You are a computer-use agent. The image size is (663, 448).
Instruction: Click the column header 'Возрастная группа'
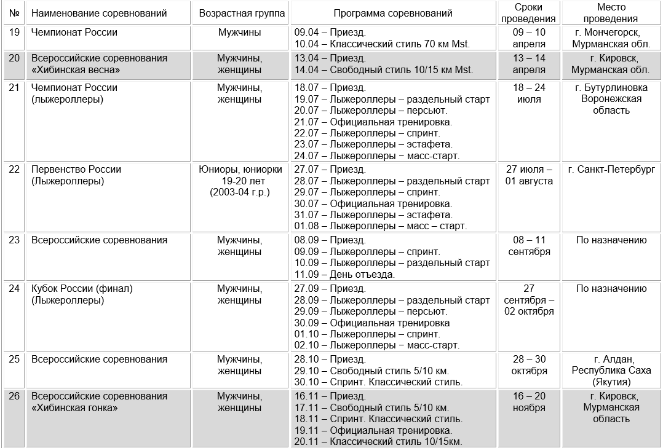click(242, 13)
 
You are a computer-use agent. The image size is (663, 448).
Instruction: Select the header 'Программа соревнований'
click(393, 13)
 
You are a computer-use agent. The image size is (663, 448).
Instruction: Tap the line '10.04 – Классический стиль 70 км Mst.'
click(382, 44)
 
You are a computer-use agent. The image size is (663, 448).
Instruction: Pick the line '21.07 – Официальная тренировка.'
click(373, 122)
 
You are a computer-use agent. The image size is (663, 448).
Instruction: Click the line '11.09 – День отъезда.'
click(344, 275)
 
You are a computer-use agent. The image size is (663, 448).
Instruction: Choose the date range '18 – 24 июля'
click(529, 93)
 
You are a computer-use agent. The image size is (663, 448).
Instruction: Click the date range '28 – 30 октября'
click(529, 365)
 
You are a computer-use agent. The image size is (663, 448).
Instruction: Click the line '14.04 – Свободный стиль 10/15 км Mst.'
click(384, 70)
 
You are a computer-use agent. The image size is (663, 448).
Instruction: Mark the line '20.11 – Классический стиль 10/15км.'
click(378, 442)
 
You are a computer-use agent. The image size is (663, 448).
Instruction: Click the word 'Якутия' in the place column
click(611, 382)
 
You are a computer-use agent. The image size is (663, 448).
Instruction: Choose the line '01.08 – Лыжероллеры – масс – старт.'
click(381, 226)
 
